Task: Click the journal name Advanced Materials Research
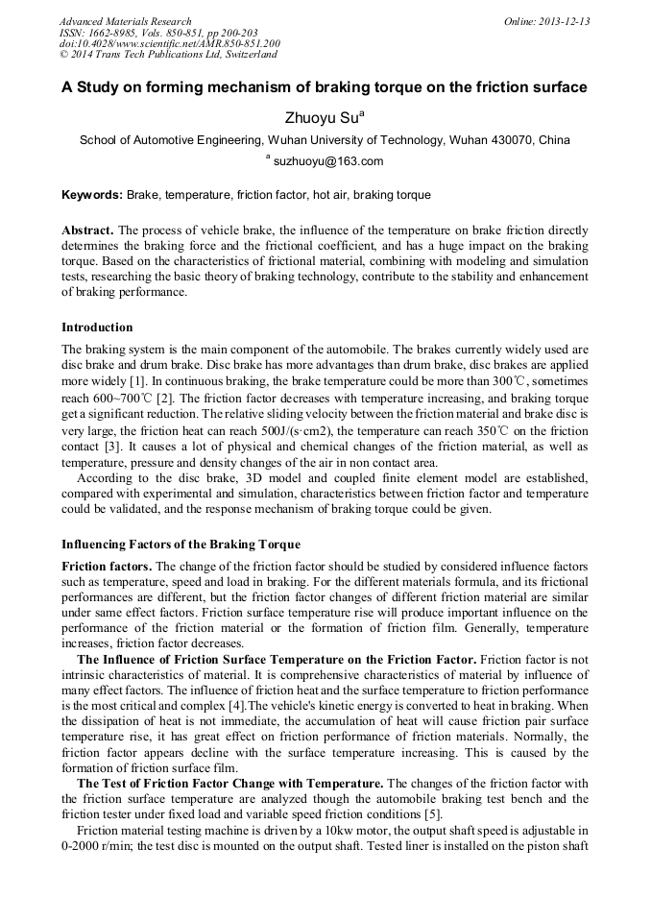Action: (125, 21)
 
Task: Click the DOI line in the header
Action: (169, 44)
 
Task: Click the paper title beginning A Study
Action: (325, 87)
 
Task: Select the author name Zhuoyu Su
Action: (321, 117)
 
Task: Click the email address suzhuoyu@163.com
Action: (328, 161)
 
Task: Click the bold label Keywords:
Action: (92, 195)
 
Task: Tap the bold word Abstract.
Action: (87, 231)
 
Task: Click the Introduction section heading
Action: (97, 327)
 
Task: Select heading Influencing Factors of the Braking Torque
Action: (181, 545)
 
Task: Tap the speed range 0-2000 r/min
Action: (97, 845)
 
